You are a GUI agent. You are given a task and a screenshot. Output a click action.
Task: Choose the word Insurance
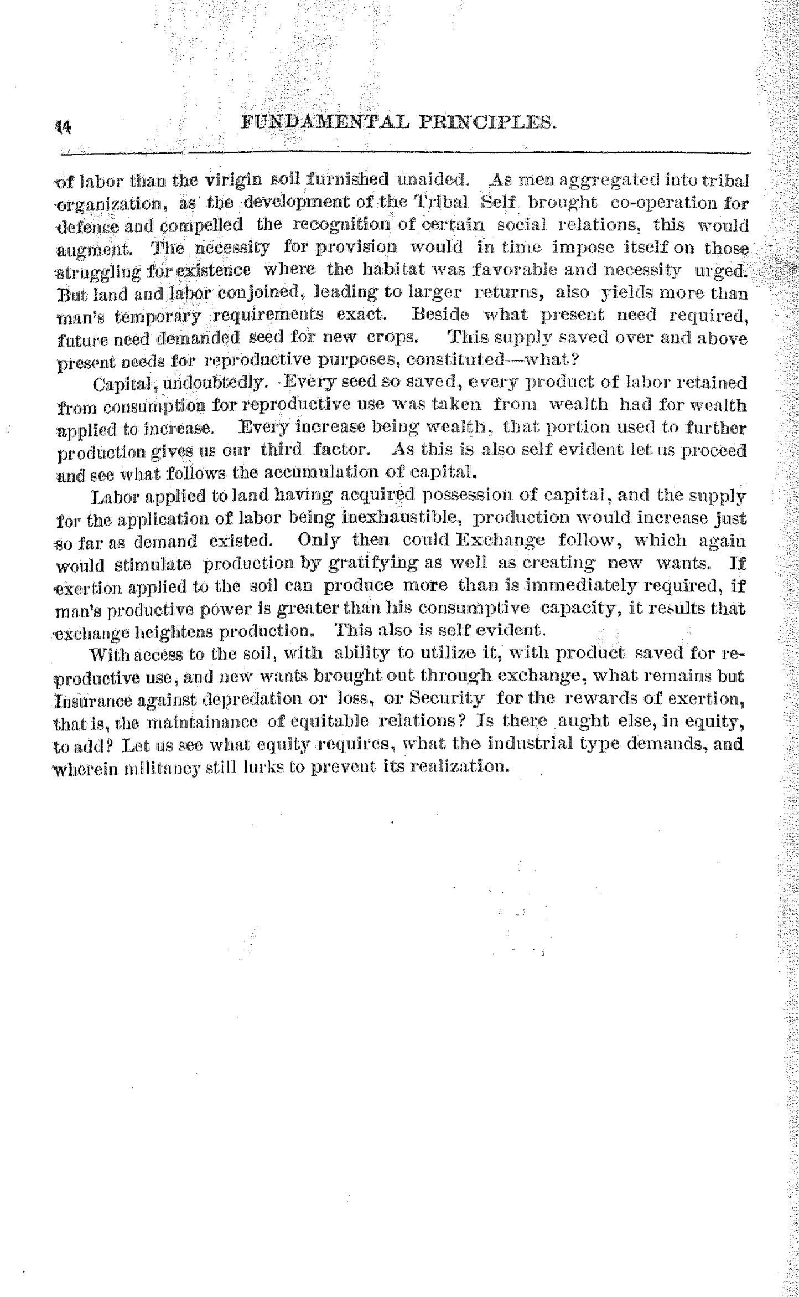point(90,699)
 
